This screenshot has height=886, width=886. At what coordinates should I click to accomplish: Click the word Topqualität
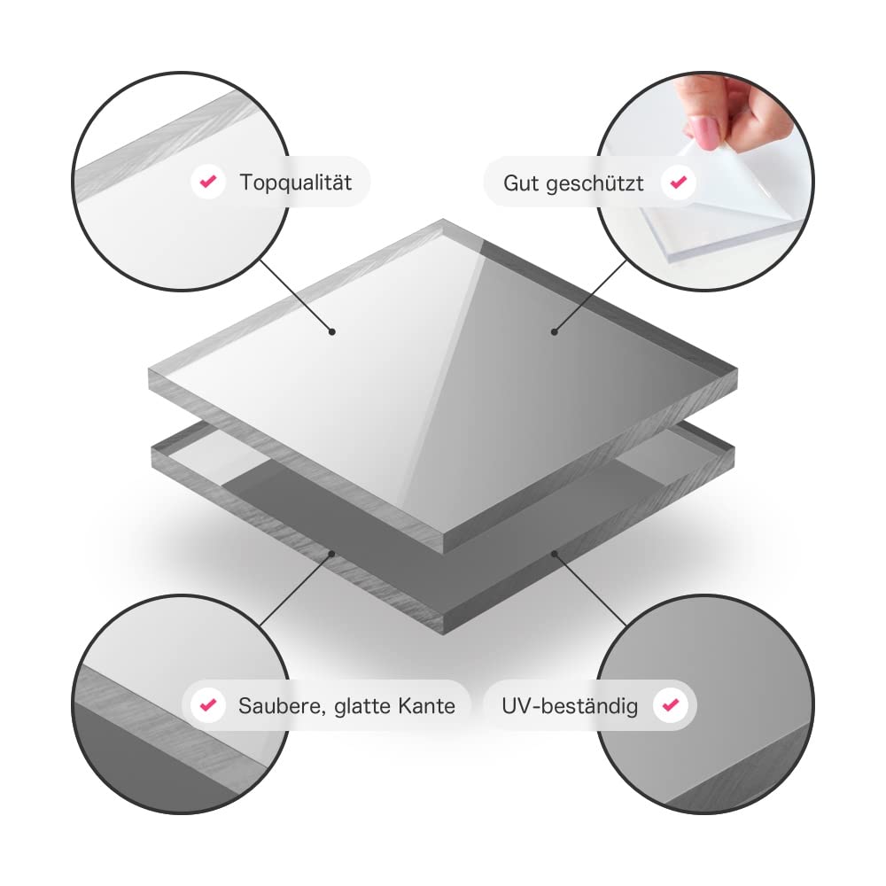296,183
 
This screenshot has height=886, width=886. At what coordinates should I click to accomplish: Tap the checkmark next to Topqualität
208,182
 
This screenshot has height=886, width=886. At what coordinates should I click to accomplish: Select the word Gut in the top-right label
521,183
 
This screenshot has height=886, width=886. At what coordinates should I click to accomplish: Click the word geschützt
595,184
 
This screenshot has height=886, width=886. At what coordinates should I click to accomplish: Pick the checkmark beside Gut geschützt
678,182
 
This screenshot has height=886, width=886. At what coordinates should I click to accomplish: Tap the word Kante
426,706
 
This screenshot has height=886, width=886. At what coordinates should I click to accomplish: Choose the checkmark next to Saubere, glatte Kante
208,704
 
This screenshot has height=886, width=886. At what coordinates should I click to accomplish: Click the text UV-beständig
570,706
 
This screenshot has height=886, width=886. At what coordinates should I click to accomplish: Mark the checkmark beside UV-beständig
671,704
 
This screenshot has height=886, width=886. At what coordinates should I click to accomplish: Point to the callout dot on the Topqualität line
332,331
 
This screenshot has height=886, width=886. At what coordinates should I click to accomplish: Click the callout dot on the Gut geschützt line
555,331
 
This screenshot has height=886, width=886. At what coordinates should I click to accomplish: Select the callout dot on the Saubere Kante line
332,554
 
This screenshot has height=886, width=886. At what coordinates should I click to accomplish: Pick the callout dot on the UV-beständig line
555,554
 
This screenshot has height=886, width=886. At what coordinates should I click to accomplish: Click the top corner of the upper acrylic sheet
443,219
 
